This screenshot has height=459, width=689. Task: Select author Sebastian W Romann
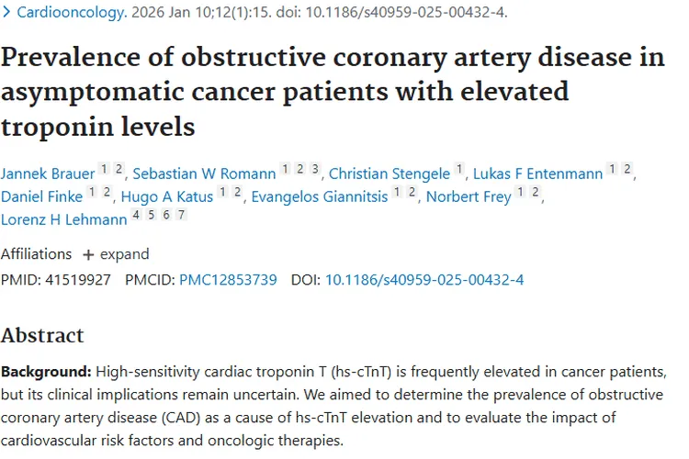click(204, 173)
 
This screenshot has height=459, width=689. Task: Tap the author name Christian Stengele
click(390, 173)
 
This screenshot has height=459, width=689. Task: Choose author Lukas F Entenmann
click(538, 173)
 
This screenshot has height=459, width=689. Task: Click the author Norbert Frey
click(469, 196)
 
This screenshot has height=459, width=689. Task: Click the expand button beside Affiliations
click(116, 254)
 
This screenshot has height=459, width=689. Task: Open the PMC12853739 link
click(228, 279)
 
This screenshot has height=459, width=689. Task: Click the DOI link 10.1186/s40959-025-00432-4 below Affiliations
click(424, 279)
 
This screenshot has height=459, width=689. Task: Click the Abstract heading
click(42, 335)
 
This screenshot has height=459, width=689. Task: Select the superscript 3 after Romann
click(315, 169)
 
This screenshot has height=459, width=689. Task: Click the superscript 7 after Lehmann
click(182, 216)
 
